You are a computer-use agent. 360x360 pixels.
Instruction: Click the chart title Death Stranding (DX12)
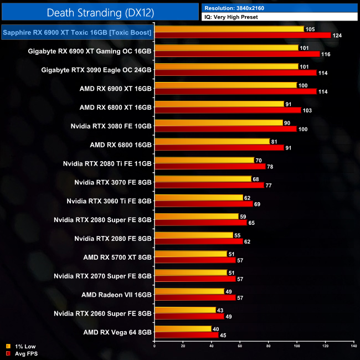(100, 12)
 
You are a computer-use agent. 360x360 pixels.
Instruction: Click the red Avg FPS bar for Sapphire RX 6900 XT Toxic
(243, 35)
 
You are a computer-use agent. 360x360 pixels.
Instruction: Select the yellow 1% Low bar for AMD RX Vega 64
(183, 328)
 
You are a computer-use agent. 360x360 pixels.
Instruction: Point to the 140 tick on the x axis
(353, 346)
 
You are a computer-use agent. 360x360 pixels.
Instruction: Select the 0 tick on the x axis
(155, 346)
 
